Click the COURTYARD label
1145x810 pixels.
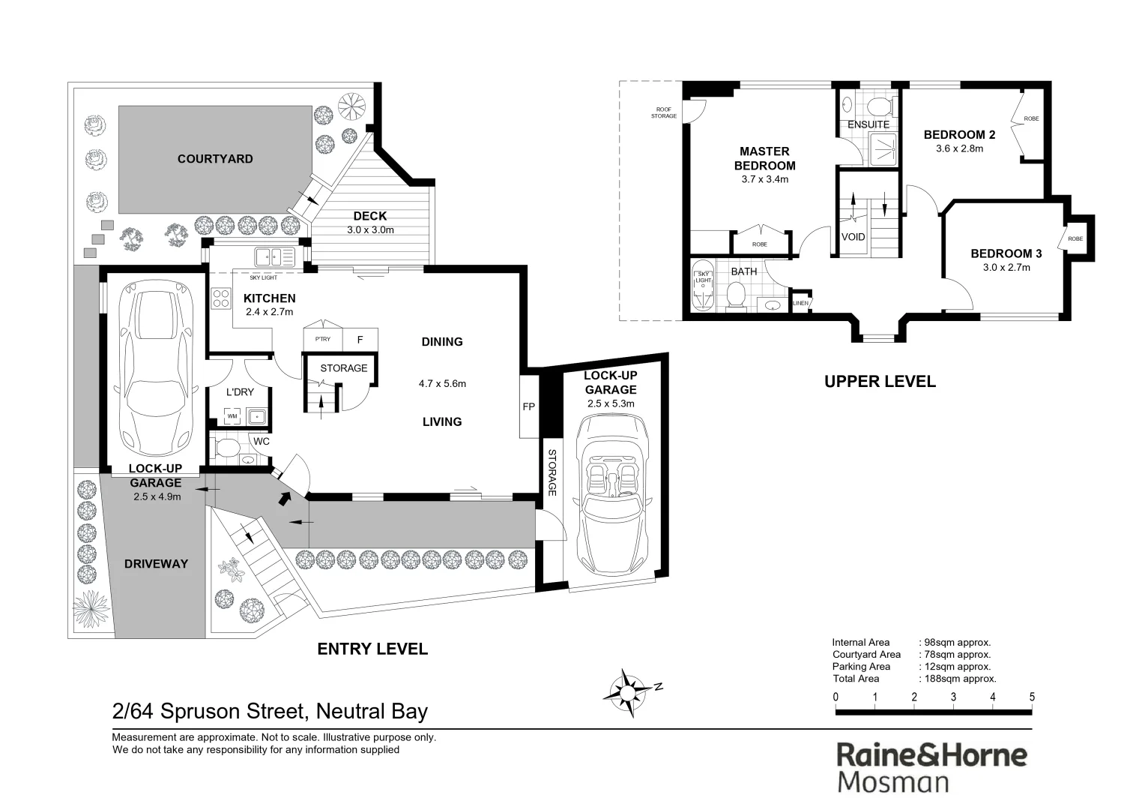tap(215, 159)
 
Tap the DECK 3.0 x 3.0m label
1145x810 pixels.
tap(370, 223)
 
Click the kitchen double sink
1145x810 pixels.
tap(274, 256)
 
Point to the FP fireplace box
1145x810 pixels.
tap(529, 406)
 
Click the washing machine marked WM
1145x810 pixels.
tap(232, 415)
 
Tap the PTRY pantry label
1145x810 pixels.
tap(322, 339)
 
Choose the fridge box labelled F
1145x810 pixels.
tap(360, 340)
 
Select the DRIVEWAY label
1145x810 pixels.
tap(156, 564)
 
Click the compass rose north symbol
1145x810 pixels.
tap(625, 688)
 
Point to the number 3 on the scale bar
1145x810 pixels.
tap(953, 697)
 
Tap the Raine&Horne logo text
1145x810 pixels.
tap(931, 755)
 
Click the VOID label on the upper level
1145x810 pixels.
tap(853, 237)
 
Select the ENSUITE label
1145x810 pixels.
tap(868, 124)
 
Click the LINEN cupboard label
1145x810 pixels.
tap(800, 303)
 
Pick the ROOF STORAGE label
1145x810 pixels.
tap(663, 113)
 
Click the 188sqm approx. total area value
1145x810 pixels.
tap(958, 679)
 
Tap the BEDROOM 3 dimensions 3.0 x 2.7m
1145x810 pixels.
tap(1006, 267)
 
